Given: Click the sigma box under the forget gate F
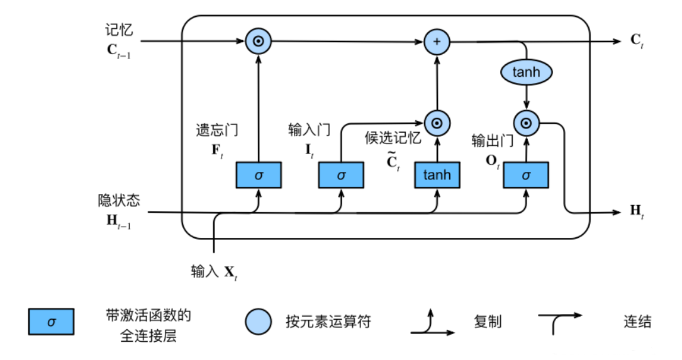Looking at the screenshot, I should point(259,174).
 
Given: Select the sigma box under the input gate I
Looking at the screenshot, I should point(342,174).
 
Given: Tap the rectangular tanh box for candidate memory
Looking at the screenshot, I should point(437,174).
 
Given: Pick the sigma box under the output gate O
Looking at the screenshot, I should point(526,174).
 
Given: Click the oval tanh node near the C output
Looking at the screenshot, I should point(526,72).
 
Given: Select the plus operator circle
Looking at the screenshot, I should point(437,42).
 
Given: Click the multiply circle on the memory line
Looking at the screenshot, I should point(257,42).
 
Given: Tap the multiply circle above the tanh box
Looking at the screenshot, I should point(437,122).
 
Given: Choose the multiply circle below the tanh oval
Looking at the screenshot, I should point(527,122).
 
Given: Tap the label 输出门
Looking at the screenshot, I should point(493,140).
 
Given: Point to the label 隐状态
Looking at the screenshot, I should point(119,200).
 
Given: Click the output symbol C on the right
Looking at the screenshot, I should point(636,41).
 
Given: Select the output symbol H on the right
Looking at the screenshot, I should point(636,211).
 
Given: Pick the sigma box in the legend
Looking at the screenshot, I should point(51,322).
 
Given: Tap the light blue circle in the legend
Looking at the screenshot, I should point(259,322).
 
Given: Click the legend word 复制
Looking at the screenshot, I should point(487,322).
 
